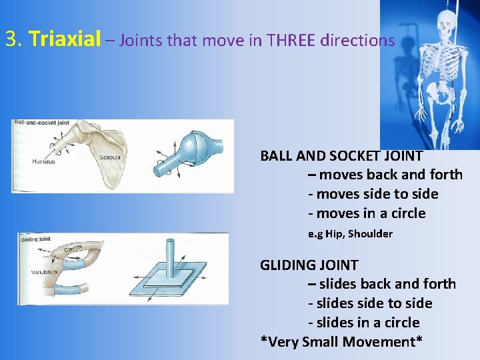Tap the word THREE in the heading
(291, 41)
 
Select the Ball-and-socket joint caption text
(41, 123)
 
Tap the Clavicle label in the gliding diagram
(74, 249)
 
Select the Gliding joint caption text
(36, 239)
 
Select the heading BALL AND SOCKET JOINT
(341, 156)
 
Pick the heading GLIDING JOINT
(309, 265)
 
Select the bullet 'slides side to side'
(370, 303)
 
